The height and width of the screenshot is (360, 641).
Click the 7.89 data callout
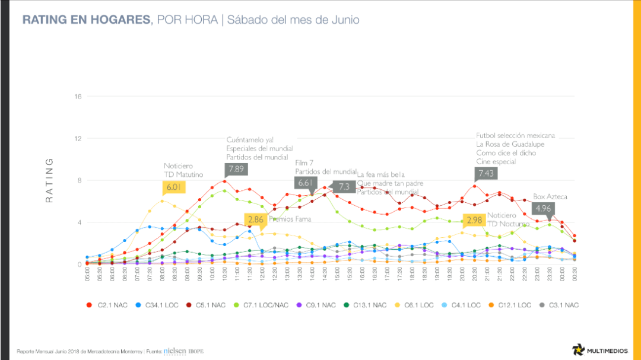(x=236, y=168)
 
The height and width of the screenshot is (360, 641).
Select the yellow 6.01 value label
(x=173, y=187)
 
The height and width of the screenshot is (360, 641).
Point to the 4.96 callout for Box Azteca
(x=544, y=208)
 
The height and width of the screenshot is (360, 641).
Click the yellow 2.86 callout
(x=256, y=219)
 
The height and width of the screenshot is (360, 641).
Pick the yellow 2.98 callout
(x=474, y=219)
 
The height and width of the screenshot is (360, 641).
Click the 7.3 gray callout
(x=343, y=186)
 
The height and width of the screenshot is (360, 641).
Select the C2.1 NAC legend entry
(x=107, y=305)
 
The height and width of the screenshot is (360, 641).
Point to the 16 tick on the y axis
(x=77, y=97)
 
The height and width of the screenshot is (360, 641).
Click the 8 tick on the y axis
(x=79, y=180)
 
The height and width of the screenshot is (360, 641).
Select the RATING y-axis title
(x=49, y=180)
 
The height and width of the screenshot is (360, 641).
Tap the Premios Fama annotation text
(x=290, y=219)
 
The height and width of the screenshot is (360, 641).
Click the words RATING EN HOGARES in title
(x=86, y=20)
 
